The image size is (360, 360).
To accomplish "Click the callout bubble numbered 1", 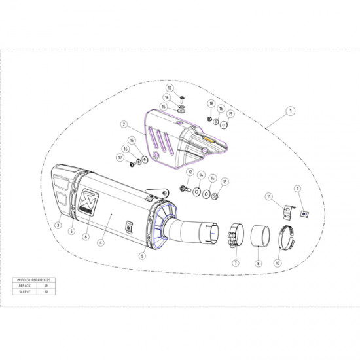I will (289, 112).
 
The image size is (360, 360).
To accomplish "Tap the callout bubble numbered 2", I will (123, 123).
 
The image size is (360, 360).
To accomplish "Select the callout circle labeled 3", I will (58, 226).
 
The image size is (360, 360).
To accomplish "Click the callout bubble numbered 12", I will (189, 172).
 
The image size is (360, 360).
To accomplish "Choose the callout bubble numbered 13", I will (225, 181).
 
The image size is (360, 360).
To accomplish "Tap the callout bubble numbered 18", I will (211, 103).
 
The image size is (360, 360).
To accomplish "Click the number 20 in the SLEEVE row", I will (45, 292).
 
